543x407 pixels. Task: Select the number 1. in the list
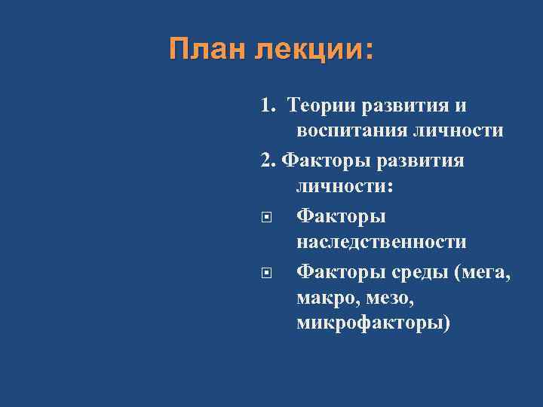[269, 103]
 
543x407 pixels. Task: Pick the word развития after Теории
[407, 103]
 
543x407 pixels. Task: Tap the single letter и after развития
[461, 103]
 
